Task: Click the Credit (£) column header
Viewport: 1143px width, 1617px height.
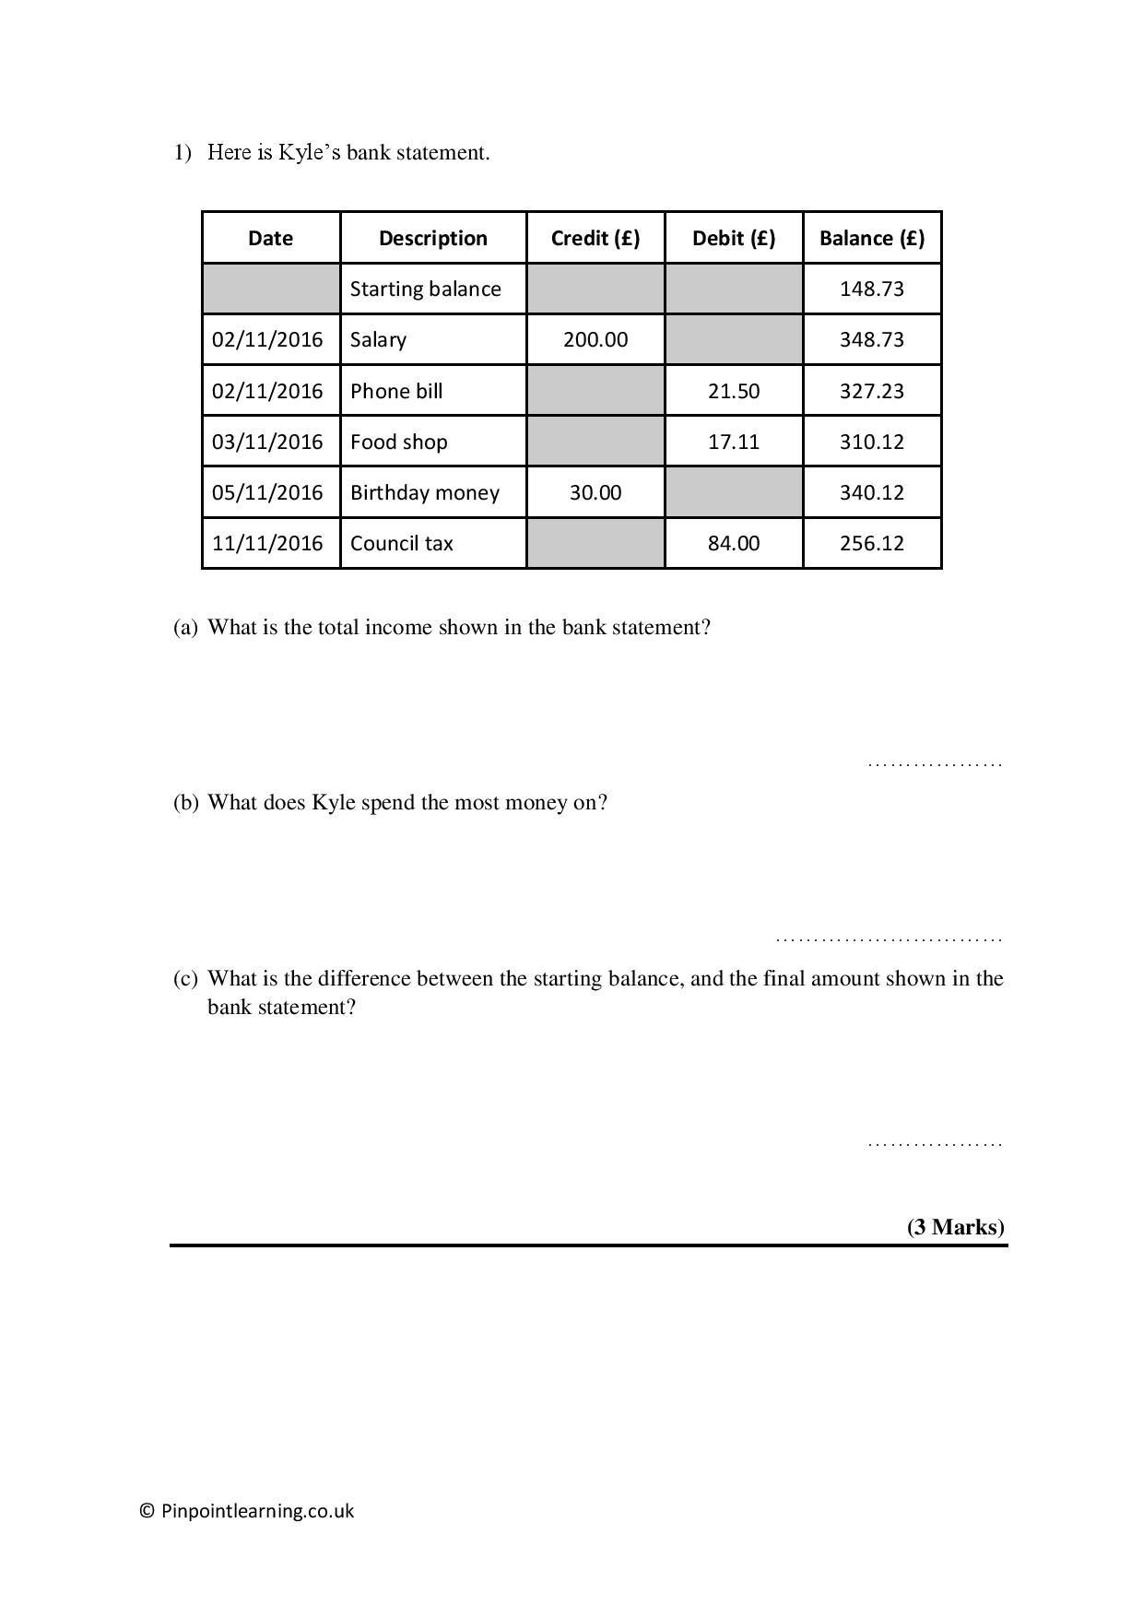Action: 595,238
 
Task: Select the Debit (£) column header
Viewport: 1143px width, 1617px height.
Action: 734,238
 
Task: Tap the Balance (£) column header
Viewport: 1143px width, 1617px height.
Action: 871,238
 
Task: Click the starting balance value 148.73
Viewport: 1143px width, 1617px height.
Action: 871,289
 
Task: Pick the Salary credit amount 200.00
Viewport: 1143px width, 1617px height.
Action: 595,339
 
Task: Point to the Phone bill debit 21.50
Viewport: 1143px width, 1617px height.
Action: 734,391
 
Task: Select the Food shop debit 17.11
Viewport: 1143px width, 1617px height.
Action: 734,442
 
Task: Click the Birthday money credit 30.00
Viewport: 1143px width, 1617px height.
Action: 595,492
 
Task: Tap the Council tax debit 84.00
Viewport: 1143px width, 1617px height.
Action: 734,543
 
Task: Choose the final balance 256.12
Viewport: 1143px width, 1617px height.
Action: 871,543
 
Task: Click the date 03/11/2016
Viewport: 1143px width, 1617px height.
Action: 267,442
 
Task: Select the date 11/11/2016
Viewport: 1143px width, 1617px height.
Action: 267,543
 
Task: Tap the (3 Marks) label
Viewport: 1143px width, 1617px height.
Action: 955,1227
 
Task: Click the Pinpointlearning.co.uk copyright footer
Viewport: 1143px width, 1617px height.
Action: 247,1511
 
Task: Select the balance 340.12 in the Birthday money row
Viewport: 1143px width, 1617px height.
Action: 871,492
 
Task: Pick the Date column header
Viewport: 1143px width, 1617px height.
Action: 270,238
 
